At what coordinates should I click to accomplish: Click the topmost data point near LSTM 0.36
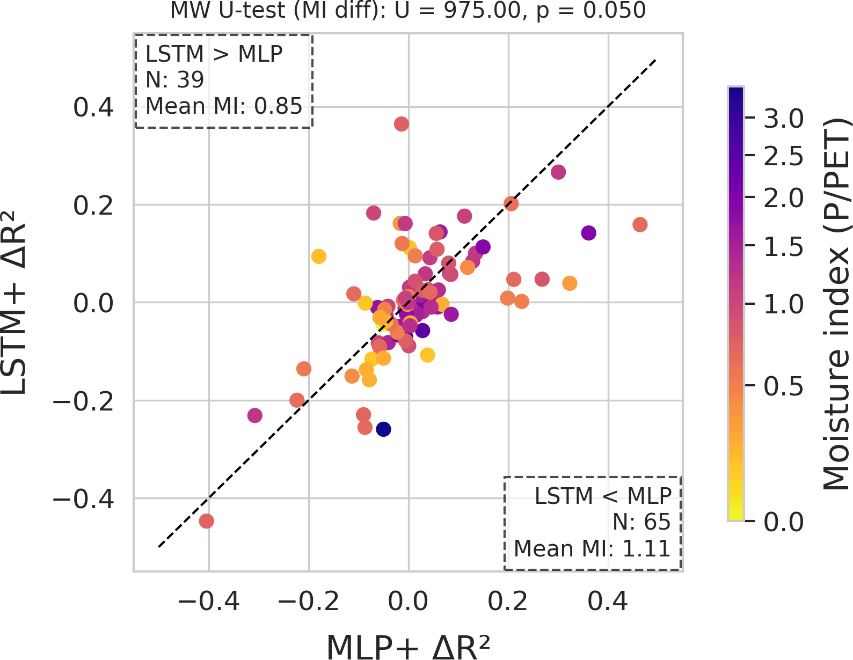[401, 124]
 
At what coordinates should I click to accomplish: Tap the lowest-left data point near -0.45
[207, 520]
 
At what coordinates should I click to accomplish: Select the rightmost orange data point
[640, 224]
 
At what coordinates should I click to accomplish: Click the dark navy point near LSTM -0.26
[383, 429]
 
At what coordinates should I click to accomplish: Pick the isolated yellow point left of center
[319, 256]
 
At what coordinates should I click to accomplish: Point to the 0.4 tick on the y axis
[93, 107]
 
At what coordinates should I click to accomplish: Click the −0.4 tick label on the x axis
[209, 602]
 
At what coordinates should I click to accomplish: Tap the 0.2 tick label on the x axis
[508, 602]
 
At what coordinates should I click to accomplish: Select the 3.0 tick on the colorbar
[784, 119]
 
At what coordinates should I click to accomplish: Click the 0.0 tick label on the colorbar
[784, 522]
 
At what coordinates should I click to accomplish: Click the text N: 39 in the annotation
[175, 80]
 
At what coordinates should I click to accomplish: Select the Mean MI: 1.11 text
[592, 548]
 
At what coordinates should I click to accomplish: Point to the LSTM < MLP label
[603, 496]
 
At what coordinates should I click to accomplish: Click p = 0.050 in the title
[591, 10]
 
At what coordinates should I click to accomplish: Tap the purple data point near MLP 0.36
[589, 233]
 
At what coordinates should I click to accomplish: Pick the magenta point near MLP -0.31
[255, 415]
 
